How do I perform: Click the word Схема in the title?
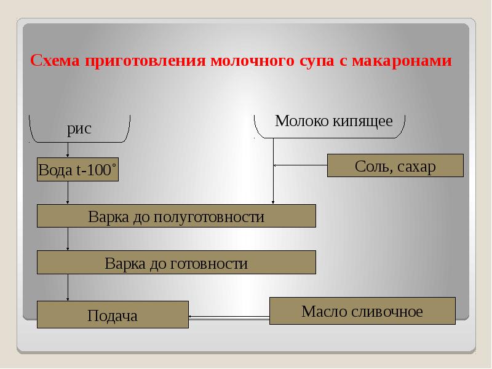[56, 61]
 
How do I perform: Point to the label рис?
[79, 129]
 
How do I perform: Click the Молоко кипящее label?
[333, 121]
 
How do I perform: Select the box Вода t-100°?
[77, 170]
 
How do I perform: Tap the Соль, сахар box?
[395, 166]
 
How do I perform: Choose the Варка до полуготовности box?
[177, 216]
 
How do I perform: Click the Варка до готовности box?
[177, 264]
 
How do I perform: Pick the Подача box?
[113, 316]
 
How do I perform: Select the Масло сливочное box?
[362, 311]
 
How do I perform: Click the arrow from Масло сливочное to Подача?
[229, 317]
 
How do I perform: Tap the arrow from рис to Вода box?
[68, 149]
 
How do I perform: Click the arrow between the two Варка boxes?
[68, 239]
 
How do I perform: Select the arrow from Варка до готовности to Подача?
[68, 287]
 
